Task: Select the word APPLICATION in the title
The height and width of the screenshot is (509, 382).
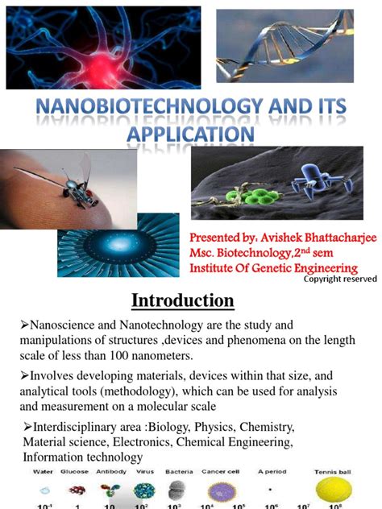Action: (190, 132)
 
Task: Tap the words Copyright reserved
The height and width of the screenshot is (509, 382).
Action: (339, 279)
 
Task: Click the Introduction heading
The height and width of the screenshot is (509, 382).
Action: (183, 300)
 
